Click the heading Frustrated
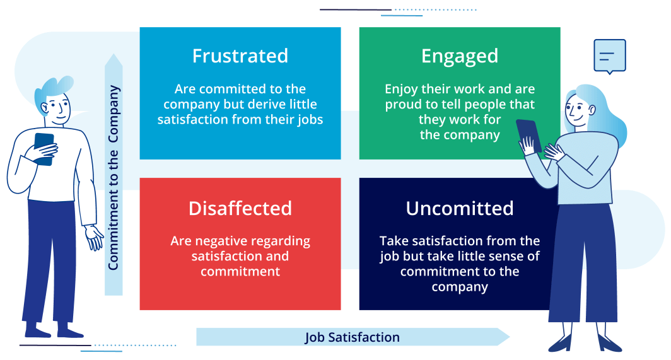tap(240, 56)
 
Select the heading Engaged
tap(460, 57)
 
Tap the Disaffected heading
tap(240, 209)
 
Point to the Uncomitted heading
tap(460, 209)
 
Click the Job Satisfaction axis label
tap(352, 337)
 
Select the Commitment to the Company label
tap(114, 178)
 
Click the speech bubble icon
tap(610, 57)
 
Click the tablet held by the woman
tap(529, 136)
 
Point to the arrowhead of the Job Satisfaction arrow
tap(503, 337)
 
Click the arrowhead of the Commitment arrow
tap(114, 61)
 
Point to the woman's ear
tap(592, 110)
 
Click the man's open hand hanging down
tap(94, 238)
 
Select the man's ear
tap(45, 107)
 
